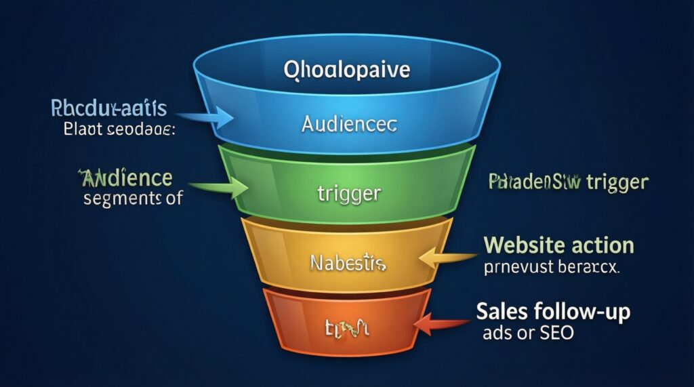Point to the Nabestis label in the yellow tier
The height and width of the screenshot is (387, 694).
346,262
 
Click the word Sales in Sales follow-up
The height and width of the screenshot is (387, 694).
502,312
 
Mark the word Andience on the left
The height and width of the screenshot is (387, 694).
126,178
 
